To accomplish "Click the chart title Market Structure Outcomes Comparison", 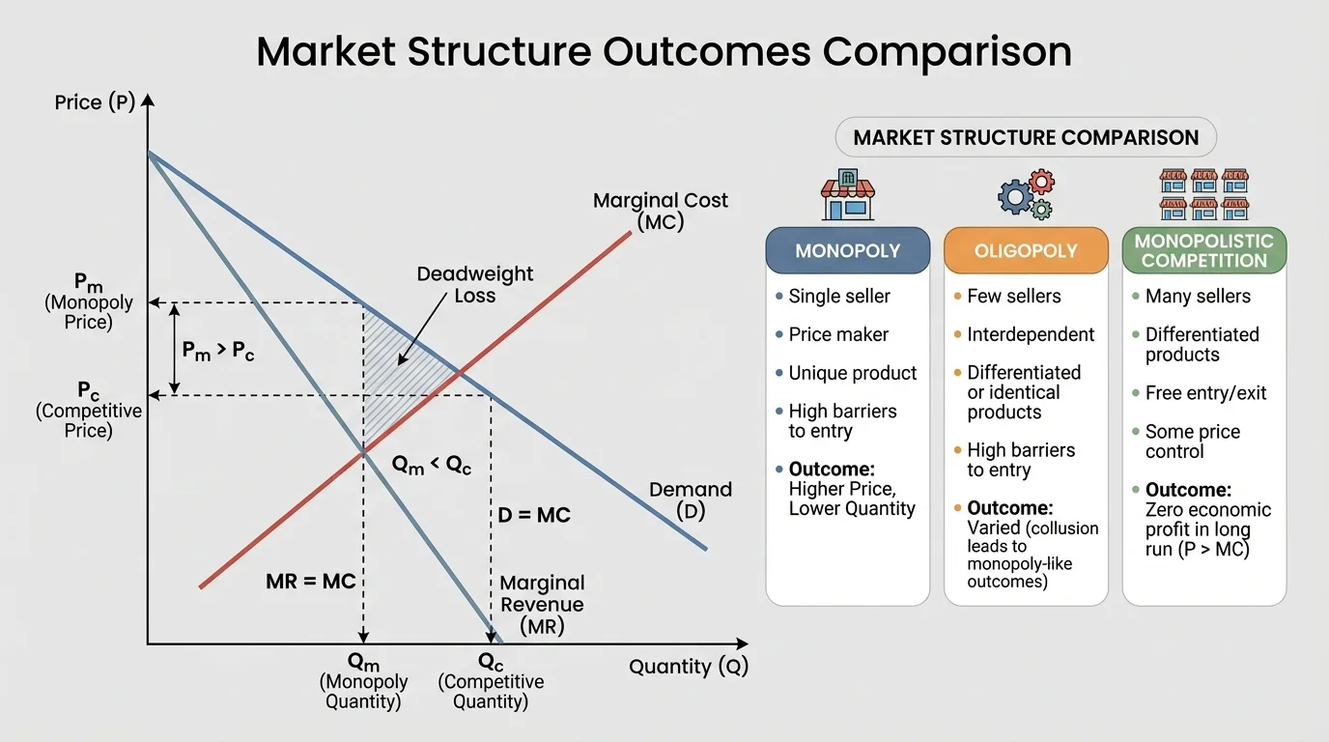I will tap(664, 51).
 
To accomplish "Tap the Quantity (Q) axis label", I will tap(688, 667).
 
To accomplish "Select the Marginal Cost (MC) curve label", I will tap(660, 211).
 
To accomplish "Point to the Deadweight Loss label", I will tap(474, 285).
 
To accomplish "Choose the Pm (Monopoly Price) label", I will tap(88, 301).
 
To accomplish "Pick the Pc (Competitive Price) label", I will tap(88, 410).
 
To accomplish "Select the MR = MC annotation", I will tap(311, 582).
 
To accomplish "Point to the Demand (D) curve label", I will tap(690, 500).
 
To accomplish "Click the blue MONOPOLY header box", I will tap(847, 251).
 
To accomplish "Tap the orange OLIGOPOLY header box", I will tap(1025, 251).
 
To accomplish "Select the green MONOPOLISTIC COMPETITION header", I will tap(1203, 250).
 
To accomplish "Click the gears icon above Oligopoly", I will tap(1026, 194).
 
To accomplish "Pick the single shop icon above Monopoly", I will tap(847, 195).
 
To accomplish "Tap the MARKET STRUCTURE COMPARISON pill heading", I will tap(1025, 137).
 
